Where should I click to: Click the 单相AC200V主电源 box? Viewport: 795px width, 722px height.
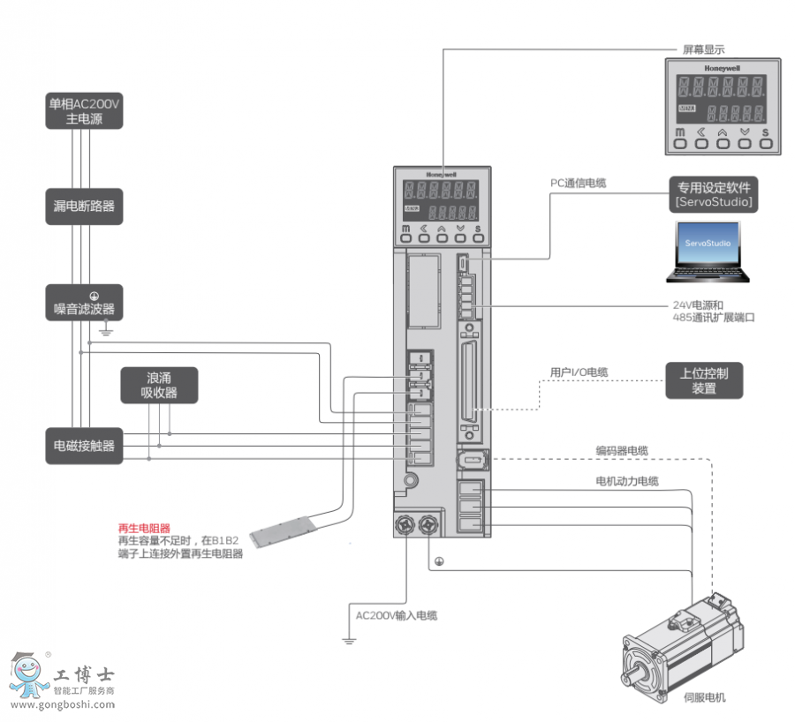pyautogui.click(x=84, y=110)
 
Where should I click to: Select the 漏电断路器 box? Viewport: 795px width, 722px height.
pyautogui.click(x=84, y=207)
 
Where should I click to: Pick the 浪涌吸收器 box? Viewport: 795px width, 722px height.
pyautogui.click(x=159, y=385)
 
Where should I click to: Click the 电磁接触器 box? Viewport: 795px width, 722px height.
pyautogui.click(x=84, y=446)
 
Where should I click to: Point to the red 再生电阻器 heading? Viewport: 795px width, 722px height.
pyautogui.click(x=143, y=527)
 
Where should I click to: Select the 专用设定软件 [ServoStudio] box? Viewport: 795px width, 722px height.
pyautogui.click(x=714, y=194)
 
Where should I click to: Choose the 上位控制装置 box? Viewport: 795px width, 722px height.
pyautogui.click(x=704, y=380)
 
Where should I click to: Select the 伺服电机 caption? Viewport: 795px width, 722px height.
pyautogui.click(x=704, y=697)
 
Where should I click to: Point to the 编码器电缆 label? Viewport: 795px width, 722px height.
pyautogui.click(x=621, y=451)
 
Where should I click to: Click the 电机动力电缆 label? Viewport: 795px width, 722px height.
pyautogui.click(x=626, y=481)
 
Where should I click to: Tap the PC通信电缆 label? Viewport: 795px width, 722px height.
pyautogui.click(x=578, y=184)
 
